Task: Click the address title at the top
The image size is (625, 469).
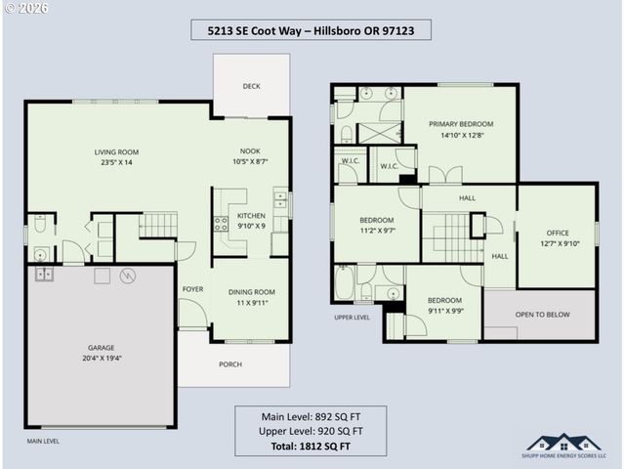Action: point(312,30)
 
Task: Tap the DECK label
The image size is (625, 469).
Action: point(251,86)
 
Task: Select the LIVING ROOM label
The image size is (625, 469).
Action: point(116,151)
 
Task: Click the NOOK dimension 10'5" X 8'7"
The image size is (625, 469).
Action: point(250,162)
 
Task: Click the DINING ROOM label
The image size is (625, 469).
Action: point(251,291)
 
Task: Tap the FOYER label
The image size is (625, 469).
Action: point(192,289)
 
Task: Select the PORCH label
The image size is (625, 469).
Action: point(230,364)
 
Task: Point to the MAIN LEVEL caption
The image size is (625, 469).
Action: point(43,441)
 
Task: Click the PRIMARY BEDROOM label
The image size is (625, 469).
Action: point(461,124)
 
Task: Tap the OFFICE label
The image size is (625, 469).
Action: point(557,233)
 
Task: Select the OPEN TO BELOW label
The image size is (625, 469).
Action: point(543,315)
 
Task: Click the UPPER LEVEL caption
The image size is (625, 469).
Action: point(352,318)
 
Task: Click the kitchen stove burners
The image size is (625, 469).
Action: point(222,222)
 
